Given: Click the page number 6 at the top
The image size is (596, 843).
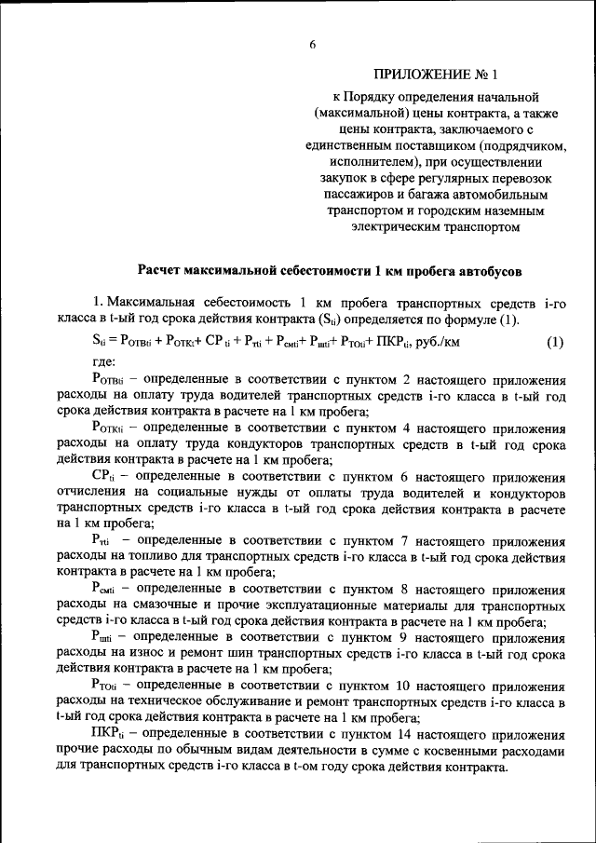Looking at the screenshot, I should [x=314, y=44].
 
